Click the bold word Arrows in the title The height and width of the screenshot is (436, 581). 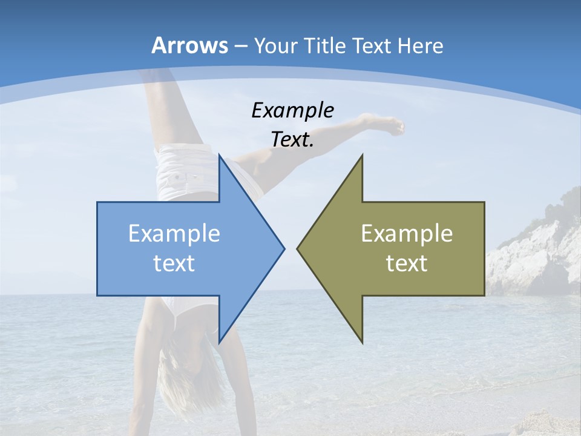(189, 45)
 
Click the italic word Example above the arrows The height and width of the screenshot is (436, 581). (292, 111)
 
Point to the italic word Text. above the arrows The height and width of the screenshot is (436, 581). (292, 140)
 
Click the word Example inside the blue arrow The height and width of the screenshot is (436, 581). (174, 234)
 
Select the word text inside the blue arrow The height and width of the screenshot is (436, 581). (174, 263)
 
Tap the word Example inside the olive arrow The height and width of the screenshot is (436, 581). (407, 234)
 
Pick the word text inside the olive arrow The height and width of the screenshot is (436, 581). (407, 263)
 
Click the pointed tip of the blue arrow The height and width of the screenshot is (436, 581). (283, 248)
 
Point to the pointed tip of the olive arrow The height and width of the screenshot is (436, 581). (298, 248)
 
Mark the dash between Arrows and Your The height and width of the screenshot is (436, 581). (240, 47)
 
